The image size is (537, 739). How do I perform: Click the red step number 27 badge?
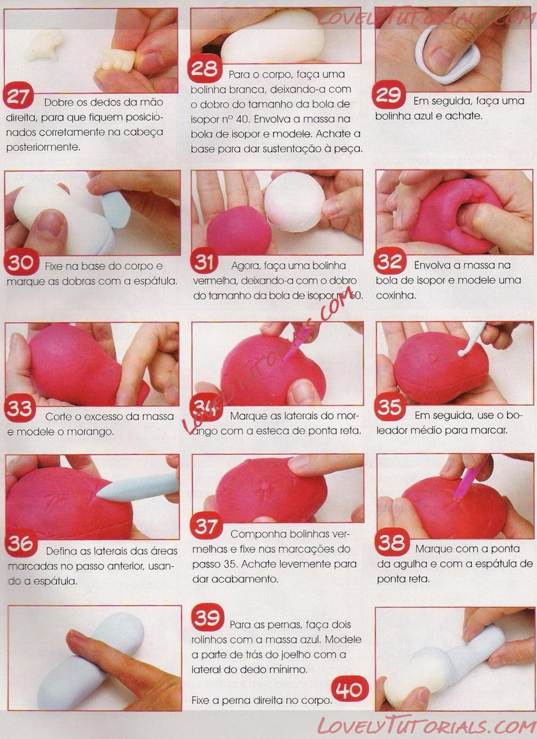18,96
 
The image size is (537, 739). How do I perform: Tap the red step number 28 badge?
204,68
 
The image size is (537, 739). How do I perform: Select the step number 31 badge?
204,263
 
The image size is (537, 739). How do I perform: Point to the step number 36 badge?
20,543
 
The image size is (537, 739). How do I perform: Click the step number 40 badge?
349,689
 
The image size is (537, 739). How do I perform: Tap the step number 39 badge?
207,617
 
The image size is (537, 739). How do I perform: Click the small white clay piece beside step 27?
44,45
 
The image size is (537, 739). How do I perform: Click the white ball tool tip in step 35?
462,352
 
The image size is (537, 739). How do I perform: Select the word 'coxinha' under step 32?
396,295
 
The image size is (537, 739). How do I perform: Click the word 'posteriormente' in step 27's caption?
43,147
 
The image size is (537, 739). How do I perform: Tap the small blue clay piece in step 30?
116,209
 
